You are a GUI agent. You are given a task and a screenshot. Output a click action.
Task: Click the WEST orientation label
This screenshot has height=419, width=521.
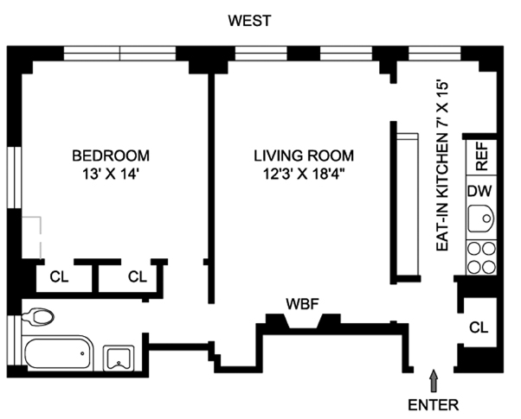pos(249,21)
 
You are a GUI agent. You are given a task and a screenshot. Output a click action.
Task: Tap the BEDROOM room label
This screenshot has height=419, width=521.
pos(111,156)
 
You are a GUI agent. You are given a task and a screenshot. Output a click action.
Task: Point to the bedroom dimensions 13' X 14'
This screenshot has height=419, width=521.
pos(110,174)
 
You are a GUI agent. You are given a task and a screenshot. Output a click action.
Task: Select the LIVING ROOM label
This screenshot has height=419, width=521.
pos(304,156)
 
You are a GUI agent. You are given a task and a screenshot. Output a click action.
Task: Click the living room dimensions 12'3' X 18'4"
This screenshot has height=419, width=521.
pos(303,174)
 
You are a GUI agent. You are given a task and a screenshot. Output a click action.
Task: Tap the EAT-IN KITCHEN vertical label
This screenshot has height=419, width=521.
pos(442,166)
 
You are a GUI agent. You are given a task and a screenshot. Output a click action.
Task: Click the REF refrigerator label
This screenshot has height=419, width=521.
pos(482,156)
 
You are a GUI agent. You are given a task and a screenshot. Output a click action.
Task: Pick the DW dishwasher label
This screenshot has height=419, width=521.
pos(479,191)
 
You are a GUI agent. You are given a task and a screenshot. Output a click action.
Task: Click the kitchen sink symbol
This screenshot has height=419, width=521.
pos(481,219)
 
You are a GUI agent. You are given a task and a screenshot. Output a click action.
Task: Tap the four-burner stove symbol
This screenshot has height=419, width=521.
pos(481,257)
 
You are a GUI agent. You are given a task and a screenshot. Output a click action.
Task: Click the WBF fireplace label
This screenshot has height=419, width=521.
pos(303,304)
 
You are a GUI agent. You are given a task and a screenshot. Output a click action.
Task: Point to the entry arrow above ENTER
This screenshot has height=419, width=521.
pos(434,381)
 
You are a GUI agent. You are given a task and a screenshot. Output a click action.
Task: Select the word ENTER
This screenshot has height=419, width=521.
pos(434,405)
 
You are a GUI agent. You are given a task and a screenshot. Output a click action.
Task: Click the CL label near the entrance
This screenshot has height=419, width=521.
pos(479,327)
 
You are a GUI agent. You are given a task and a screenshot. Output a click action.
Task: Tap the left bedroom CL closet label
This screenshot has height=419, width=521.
pos(59,276)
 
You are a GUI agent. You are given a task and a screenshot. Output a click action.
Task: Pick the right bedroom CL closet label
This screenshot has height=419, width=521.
pos(138,276)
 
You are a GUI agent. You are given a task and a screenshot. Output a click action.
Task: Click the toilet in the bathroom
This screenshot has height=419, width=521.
pos(38,316)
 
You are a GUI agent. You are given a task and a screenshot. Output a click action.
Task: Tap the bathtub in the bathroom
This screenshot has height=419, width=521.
pos(57,353)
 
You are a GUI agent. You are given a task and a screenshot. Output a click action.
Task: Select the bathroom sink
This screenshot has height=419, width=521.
pos(119,359)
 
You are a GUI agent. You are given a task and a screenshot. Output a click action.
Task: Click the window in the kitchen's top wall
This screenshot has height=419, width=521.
pos(434,53)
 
